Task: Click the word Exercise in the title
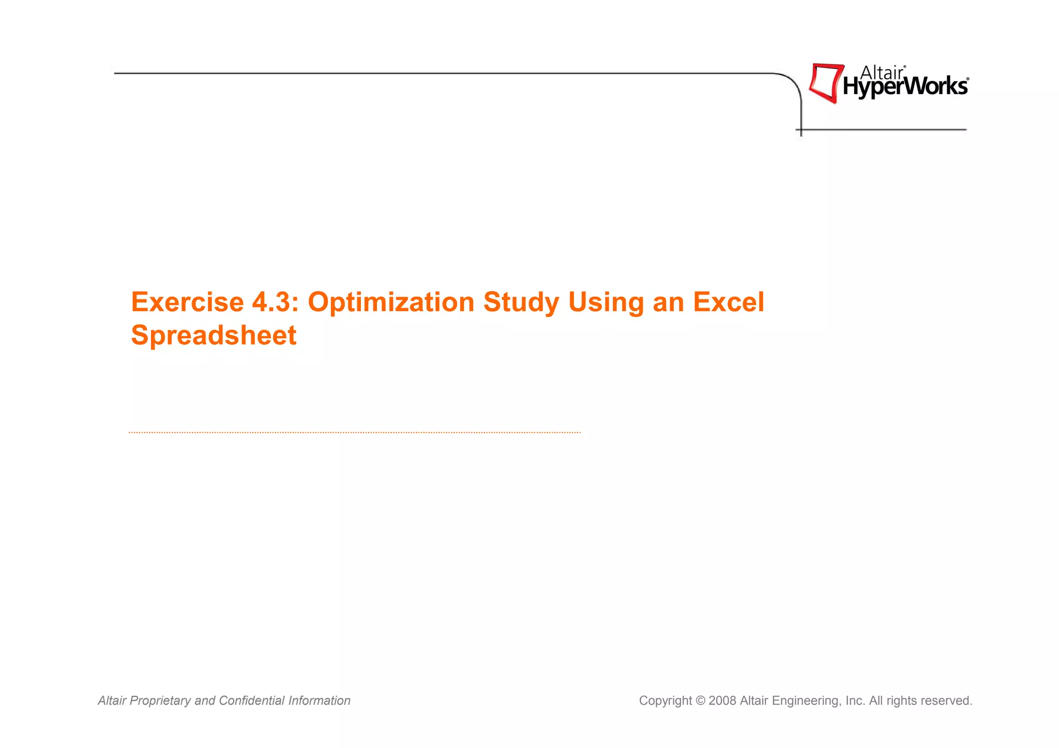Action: pyautogui.click(x=187, y=302)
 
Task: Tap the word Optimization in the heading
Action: pyautogui.click(x=390, y=302)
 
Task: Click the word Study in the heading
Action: pyautogui.click(x=521, y=302)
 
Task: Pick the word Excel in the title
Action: pyautogui.click(x=728, y=302)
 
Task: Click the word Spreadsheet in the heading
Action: pyautogui.click(x=214, y=335)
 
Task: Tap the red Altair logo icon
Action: pyautogui.click(x=825, y=83)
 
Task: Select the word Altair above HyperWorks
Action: pyautogui.click(x=882, y=73)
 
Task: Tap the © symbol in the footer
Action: pyautogui.click(x=700, y=700)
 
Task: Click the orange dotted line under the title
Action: pyautogui.click(x=355, y=432)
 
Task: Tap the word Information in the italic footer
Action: pyautogui.click(x=319, y=700)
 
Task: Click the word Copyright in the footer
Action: pyautogui.click(x=665, y=700)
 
